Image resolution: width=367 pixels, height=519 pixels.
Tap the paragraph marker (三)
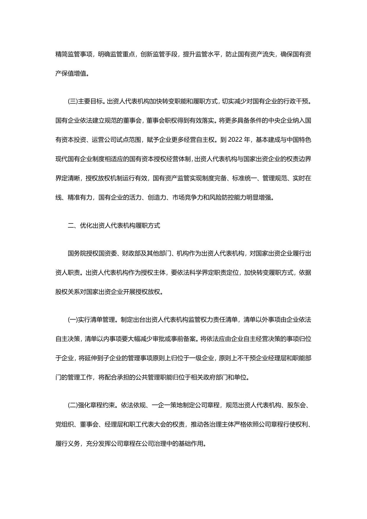point(72,101)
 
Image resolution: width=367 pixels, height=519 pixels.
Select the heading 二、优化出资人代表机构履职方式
point(114,225)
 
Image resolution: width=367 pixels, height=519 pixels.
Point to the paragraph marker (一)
point(72,320)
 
